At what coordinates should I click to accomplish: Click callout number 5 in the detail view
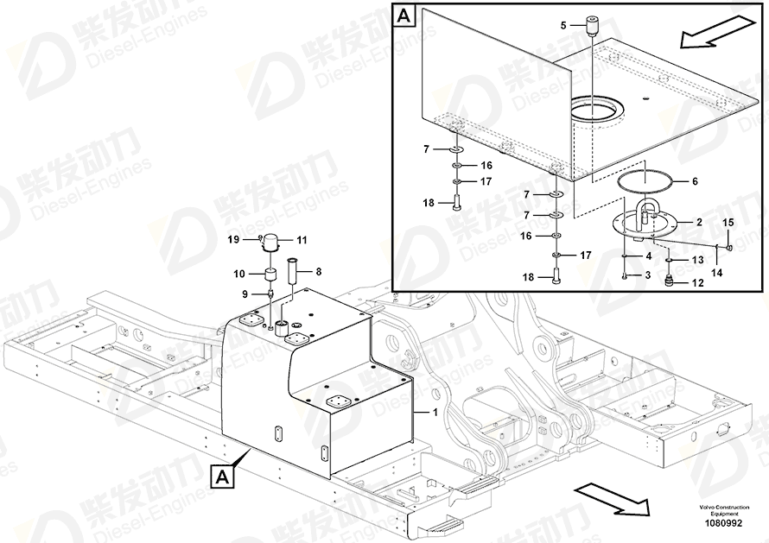point(563,26)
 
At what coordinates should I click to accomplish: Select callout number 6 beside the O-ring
point(695,181)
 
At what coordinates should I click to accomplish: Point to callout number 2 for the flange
point(699,222)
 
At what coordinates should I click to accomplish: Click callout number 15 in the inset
point(728,223)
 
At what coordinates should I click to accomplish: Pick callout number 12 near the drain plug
point(698,283)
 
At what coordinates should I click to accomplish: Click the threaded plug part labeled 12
point(668,281)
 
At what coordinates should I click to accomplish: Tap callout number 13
point(698,260)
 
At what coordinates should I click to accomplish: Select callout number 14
point(717,272)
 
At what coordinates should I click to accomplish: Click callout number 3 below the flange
point(647,275)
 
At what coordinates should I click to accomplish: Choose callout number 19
point(233,239)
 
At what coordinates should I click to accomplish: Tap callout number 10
point(238,274)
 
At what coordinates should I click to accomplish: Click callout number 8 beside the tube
point(318,271)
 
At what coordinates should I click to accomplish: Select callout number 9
point(245,294)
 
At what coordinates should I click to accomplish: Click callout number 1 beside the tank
point(434,413)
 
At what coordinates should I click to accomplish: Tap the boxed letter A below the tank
point(223,477)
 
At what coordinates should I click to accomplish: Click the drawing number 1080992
point(723,523)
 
